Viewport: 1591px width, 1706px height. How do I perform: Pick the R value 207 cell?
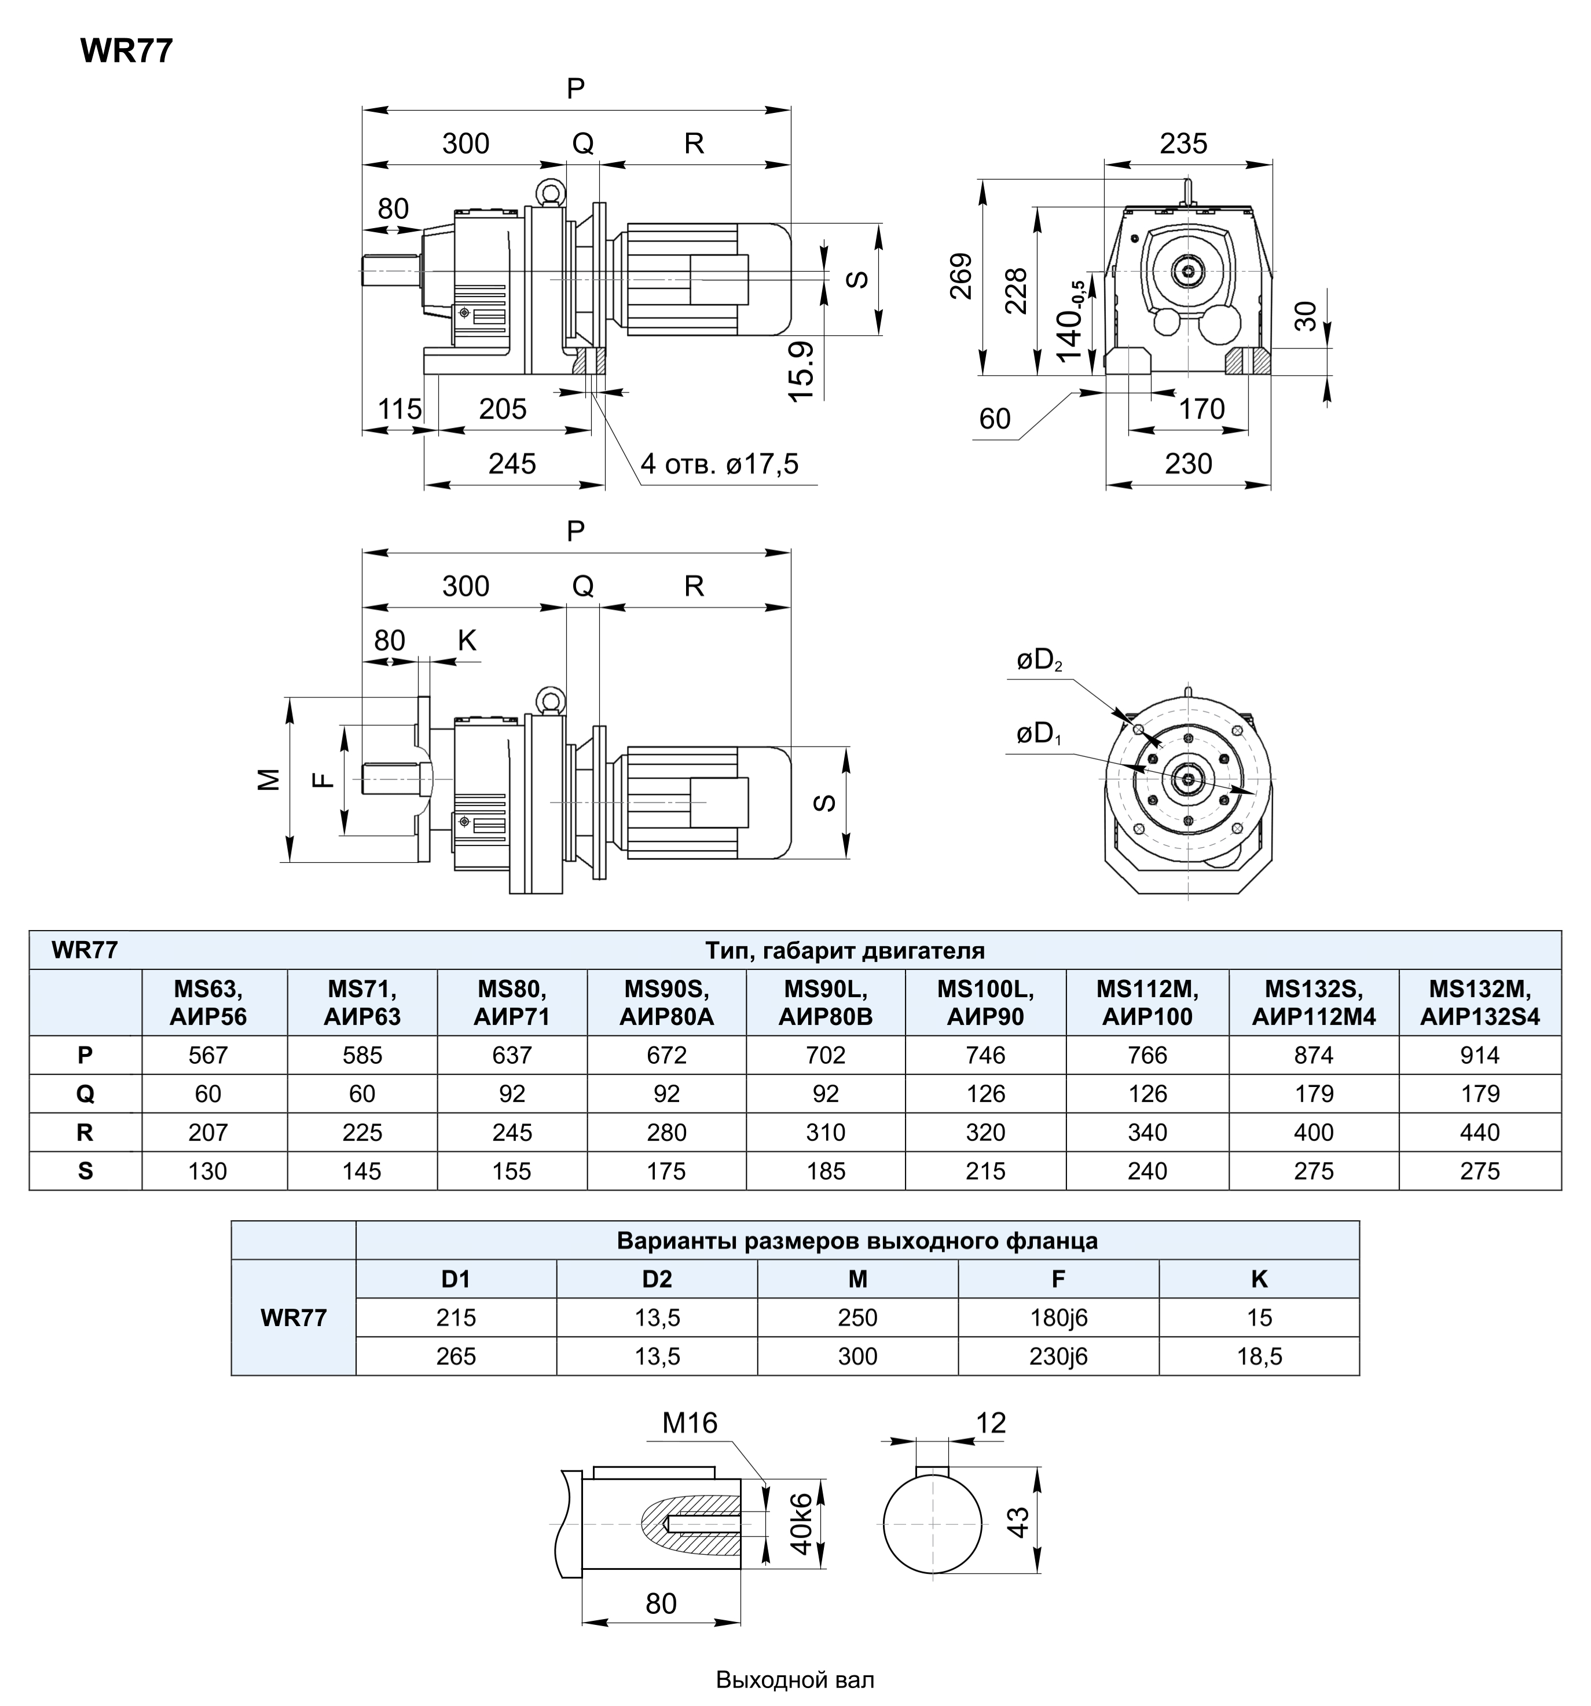208,1132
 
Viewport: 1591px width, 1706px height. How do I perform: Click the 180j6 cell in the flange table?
1058,1317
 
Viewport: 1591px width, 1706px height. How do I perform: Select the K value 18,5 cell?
1259,1356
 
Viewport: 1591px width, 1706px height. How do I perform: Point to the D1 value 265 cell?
456,1356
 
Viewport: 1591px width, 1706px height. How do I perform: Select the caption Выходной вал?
795,1679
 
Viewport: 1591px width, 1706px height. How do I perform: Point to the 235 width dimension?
1183,143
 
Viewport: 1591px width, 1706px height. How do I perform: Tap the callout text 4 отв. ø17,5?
719,464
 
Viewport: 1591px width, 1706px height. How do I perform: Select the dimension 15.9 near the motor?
801,371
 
